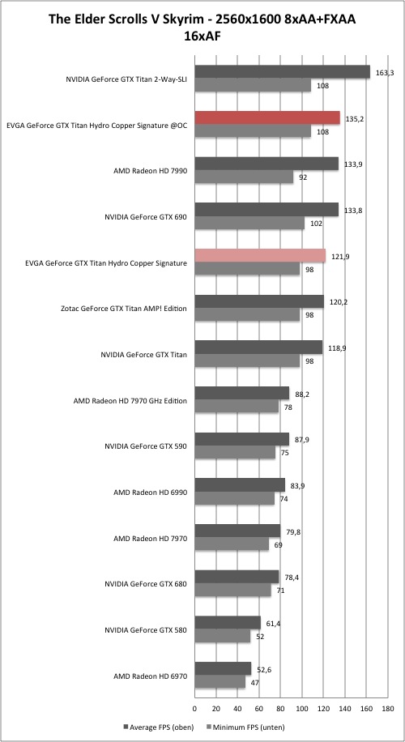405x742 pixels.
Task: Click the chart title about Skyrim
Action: pyautogui.click(x=203, y=27)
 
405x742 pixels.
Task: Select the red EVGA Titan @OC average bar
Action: pyautogui.click(x=267, y=117)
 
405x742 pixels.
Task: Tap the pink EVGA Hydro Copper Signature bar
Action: pyautogui.click(x=260, y=255)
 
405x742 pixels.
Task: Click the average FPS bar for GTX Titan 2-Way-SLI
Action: pyautogui.click(x=283, y=72)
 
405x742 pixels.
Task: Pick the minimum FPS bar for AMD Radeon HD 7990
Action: pyautogui.click(x=244, y=177)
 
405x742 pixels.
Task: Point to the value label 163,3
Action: pyautogui.click(x=383, y=73)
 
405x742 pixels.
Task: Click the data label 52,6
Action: pyautogui.click(x=265, y=669)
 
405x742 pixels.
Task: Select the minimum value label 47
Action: pyautogui.click(x=255, y=682)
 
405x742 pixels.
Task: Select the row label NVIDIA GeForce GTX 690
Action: pyautogui.click(x=146, y=217)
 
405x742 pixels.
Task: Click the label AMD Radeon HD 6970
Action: pyautogui.click(x=151, y=676)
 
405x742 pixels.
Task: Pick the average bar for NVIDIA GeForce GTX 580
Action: pyautogui.click(x=228, y=623)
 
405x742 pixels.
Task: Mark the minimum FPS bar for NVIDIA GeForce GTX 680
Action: pyautogui.click(x=232, y=590)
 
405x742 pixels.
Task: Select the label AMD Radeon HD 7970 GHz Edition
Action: pyautogui.click(x=130, y=401)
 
